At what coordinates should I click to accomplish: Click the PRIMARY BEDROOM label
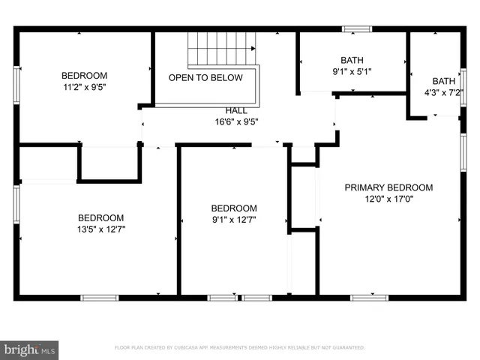tap(388, 187)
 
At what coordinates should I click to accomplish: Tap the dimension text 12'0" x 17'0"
tap(388, 199)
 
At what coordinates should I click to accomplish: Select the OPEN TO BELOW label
tap(205, 78)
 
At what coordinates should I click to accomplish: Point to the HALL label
tap(236, 110)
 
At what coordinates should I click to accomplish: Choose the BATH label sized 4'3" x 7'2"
tap(443, 81)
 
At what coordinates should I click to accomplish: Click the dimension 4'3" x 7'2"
tap(443, 93)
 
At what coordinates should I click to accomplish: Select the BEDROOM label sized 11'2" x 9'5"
tap(84, 75)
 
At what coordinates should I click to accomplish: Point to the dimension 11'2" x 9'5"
tap(84, 87)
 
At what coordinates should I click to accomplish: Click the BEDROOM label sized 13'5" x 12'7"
tap(100, 217)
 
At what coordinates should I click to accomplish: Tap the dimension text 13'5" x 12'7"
tap(100, 229)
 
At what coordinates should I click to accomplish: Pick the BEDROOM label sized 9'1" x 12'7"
tap(234, 208)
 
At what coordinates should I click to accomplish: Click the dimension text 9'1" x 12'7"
tap(234, 220)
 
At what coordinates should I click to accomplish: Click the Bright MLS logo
tap(30, 349)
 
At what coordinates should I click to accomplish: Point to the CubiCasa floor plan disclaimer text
tap(239, 348)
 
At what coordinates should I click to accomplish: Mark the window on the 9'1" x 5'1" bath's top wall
tap(356, 29)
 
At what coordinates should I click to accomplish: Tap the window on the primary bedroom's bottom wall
tap(369, 298)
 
